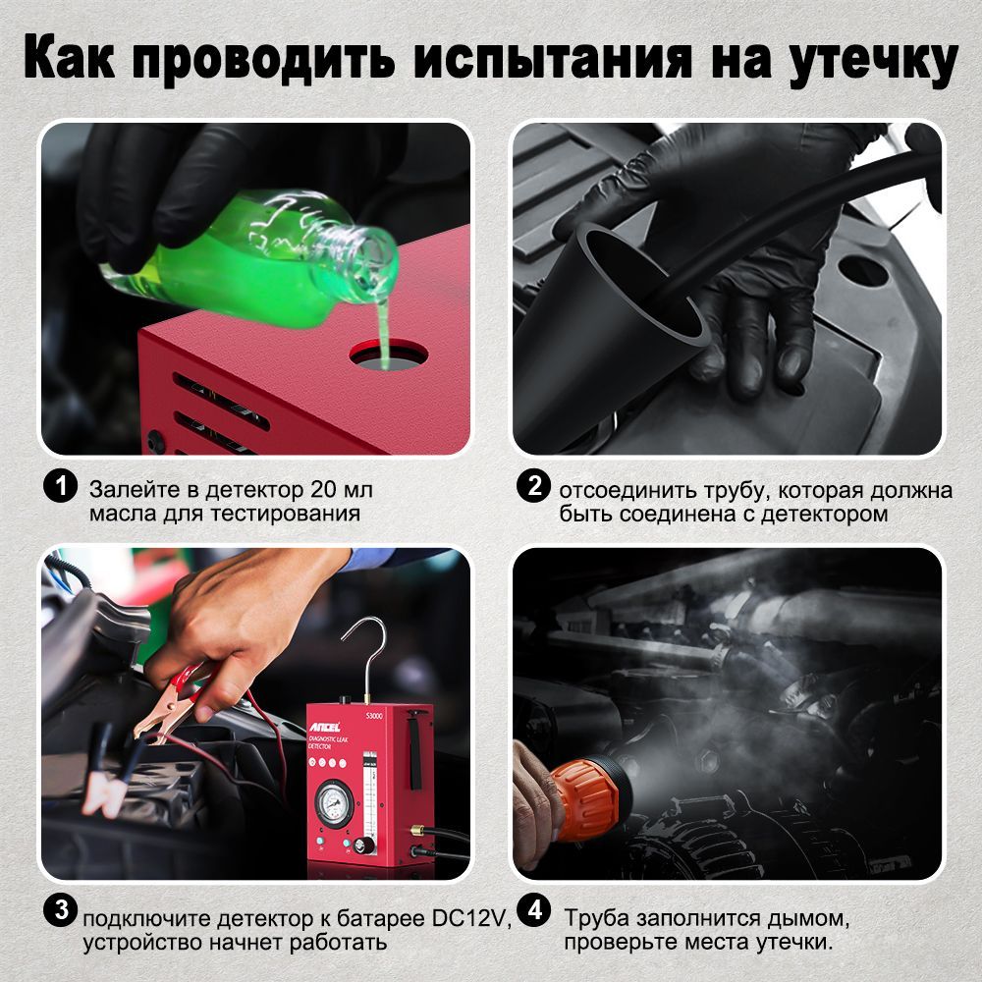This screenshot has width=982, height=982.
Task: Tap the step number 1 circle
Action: pos(60,488)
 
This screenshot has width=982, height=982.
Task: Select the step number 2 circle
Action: pos(533,488)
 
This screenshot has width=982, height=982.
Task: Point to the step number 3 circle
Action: pos(60,910)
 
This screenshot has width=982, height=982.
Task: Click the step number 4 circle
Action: pos(533,910)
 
